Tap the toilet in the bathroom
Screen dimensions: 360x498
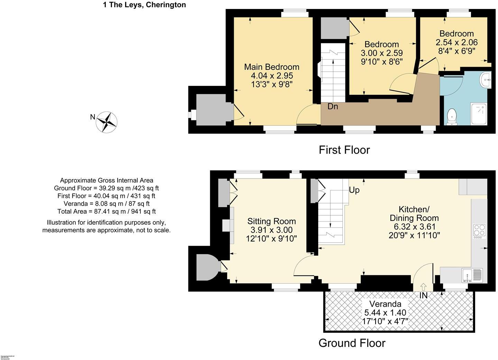point(452,117)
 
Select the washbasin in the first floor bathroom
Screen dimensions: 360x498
point(486,80)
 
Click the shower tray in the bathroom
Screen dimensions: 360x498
point(478,114)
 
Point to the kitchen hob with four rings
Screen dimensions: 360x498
point(479,231)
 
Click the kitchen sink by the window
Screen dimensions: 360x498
point(472,276)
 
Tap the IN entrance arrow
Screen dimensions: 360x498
point(423,287)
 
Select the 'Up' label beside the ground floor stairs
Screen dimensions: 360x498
point(354,190)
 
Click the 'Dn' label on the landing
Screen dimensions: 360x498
point(333,107)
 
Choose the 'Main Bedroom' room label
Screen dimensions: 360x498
point(271,67)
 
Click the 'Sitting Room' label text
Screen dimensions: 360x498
point(271,221)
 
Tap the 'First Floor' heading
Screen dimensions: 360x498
point(344,150)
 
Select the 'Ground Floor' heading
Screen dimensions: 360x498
point(352,343)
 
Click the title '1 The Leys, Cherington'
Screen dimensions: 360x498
point(144,5)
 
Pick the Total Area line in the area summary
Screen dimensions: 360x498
point(107,211)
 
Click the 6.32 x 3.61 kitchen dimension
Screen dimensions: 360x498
point(414,227)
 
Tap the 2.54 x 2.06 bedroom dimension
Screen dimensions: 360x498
point(456,42)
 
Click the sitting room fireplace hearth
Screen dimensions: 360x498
point(226,225)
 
